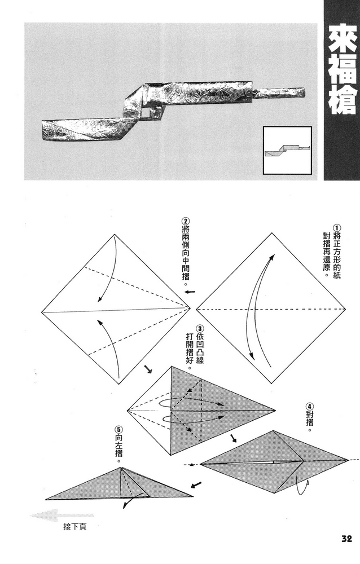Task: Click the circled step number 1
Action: coord(337,228)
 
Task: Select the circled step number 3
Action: coord(200,329)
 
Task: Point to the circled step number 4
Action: coord(309,406)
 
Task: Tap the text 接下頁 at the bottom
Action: coord(74,528)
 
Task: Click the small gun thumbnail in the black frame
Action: coord(287,149)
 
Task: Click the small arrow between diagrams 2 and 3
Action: coord(148,370)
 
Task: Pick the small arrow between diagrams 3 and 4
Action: coord(233,438)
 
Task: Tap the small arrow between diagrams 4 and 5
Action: coord(197,484)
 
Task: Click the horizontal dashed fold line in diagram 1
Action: coord(270,310)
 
